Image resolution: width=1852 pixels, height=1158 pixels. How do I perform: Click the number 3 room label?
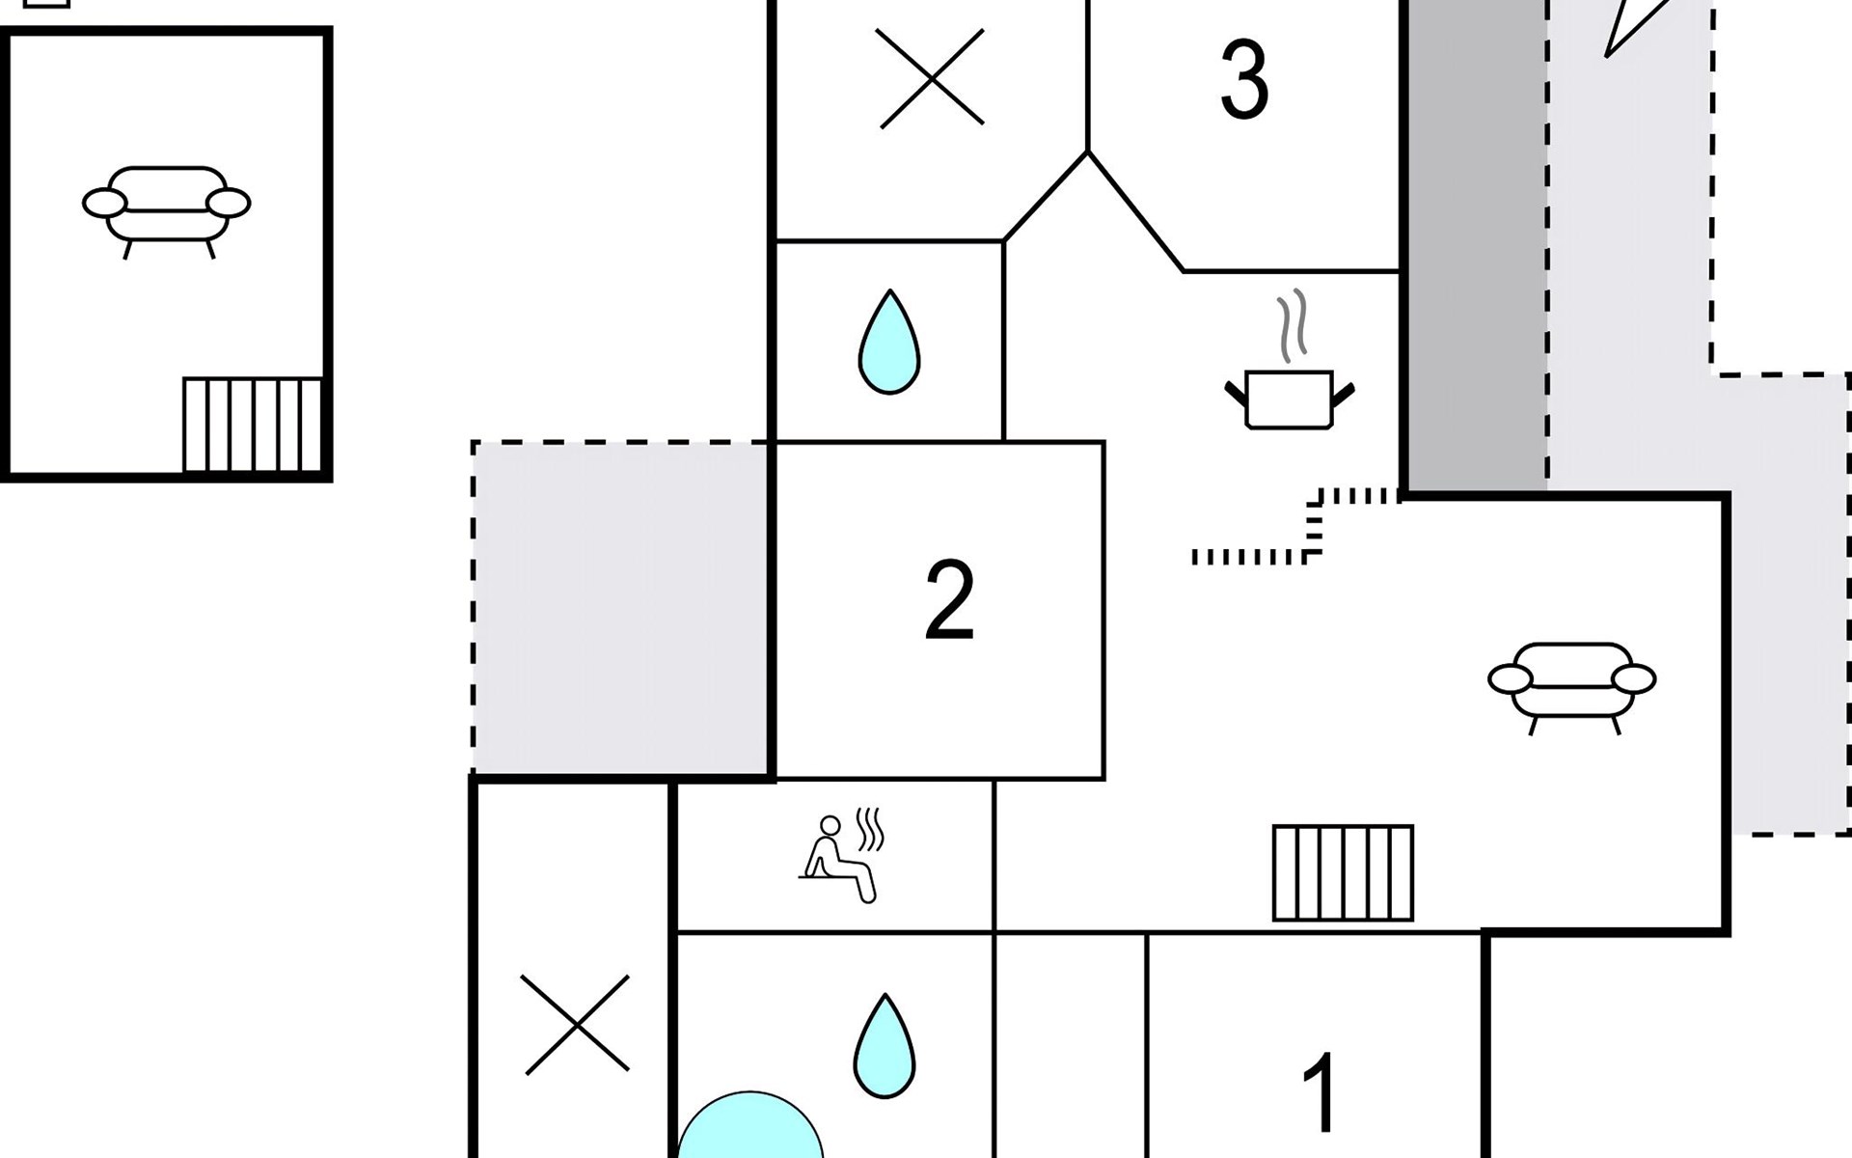click(1243, 81)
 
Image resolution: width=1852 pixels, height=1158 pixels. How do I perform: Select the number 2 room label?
click(949, 600)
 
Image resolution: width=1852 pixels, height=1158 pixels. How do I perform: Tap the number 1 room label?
click(1320, 1092)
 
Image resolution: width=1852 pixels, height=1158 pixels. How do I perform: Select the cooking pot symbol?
click(1289, 399)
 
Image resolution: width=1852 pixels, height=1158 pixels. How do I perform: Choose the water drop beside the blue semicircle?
click(884, 1047)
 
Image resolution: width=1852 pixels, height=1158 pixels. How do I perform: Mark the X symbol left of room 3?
click(931, 78)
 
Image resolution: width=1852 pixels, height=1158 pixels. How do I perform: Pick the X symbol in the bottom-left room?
click(576, 1024)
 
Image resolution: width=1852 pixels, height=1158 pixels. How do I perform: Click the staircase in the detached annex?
click(252, 425)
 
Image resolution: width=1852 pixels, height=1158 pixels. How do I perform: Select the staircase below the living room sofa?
click(1343, 872)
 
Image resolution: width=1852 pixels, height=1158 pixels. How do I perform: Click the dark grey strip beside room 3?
click(1475, 241)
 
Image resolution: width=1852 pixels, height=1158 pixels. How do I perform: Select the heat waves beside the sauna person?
click(870, 830)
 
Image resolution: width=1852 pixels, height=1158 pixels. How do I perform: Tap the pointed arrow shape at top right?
click(1635, 23)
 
